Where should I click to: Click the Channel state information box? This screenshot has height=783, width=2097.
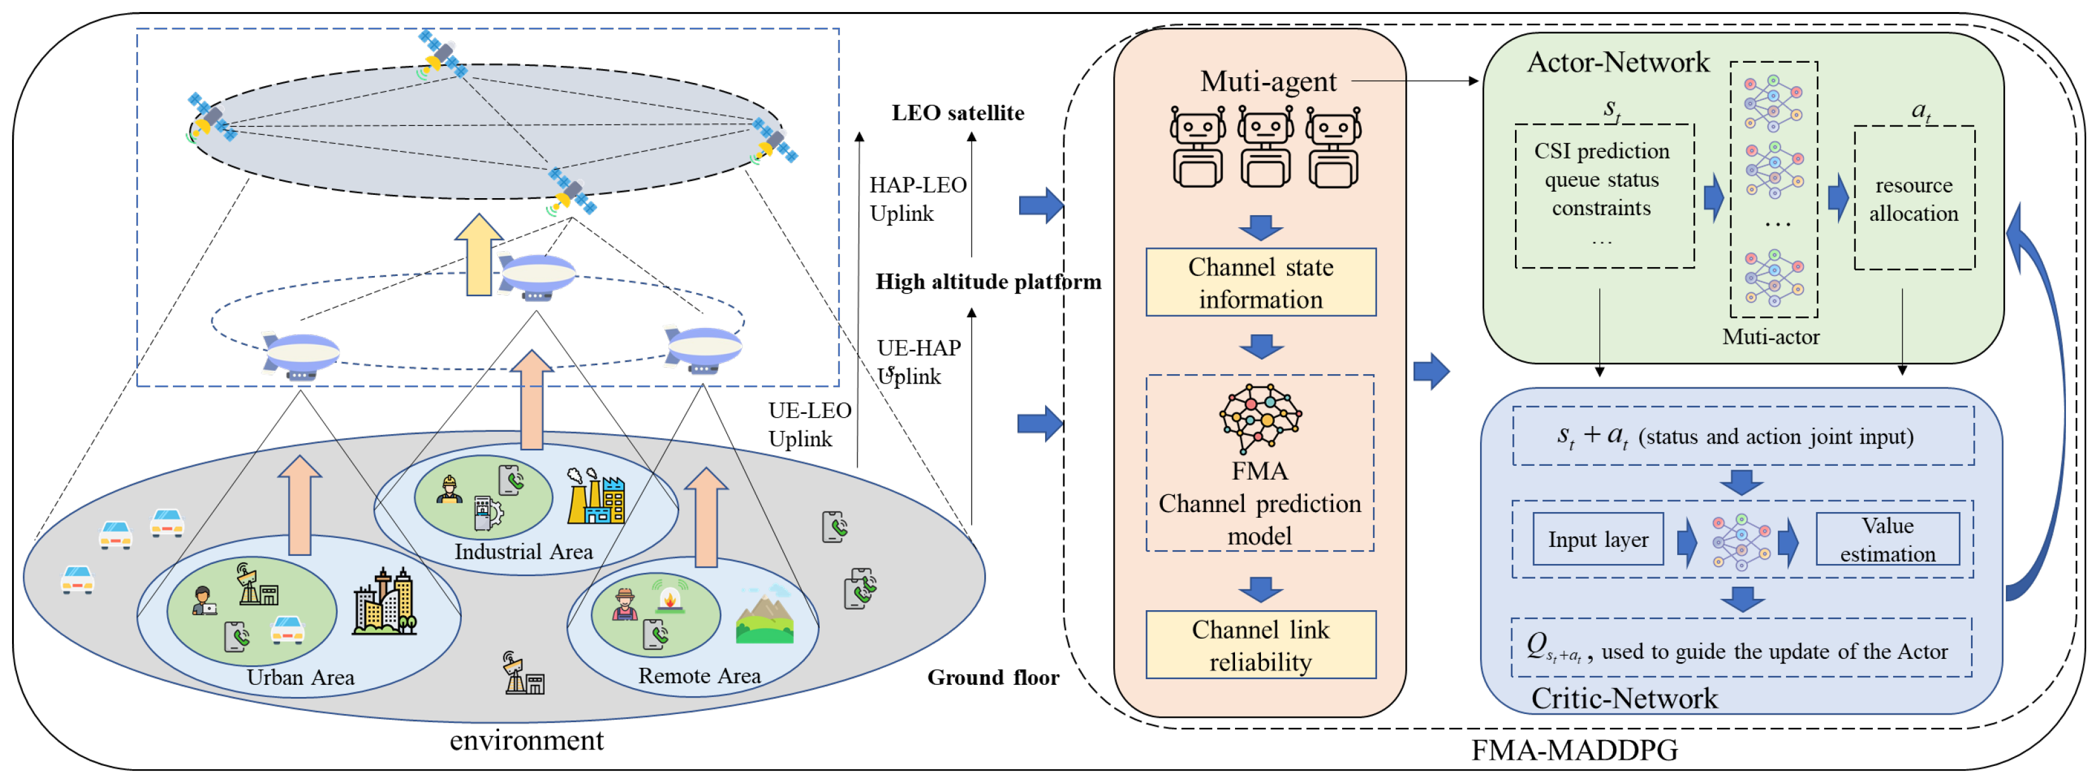pos(1260,282)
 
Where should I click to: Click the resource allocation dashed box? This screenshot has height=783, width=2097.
pos(1913,197)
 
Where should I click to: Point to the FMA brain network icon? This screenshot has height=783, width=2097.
pos(1260,417)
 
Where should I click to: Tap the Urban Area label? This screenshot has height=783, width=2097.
pos(300,677)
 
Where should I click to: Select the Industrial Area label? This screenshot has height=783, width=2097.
pos(523,552)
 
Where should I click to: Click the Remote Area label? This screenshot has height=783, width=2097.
pos(699,675)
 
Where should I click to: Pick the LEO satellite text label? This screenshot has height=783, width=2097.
pos(958,113)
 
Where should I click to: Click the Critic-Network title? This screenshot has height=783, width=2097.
pos(1624,698)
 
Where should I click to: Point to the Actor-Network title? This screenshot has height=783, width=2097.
pos(1618,62)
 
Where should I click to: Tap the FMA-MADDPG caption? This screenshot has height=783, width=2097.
pos(1574,749)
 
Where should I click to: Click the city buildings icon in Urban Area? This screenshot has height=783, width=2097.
pos(384,603)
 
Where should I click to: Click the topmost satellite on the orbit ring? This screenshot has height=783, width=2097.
pos(443,54)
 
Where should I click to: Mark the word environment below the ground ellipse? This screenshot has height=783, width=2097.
pos(527,740)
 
